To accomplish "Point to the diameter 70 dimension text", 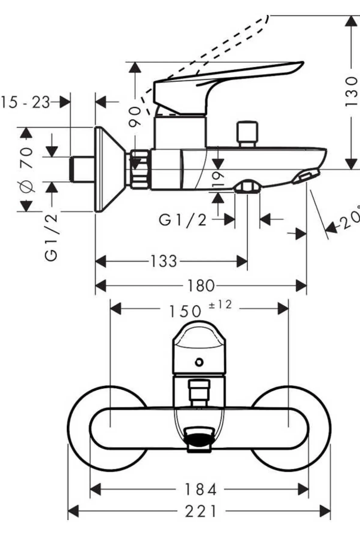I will [27, 169].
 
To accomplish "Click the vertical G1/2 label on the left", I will [52, 237].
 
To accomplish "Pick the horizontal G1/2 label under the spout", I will [183, 220].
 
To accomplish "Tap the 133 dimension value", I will [161, 262].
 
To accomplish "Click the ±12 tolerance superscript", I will [219, 305].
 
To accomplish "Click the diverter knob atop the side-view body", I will [246, 134].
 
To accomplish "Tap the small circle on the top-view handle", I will [199, 362].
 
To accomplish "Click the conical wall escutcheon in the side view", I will [108, 170].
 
